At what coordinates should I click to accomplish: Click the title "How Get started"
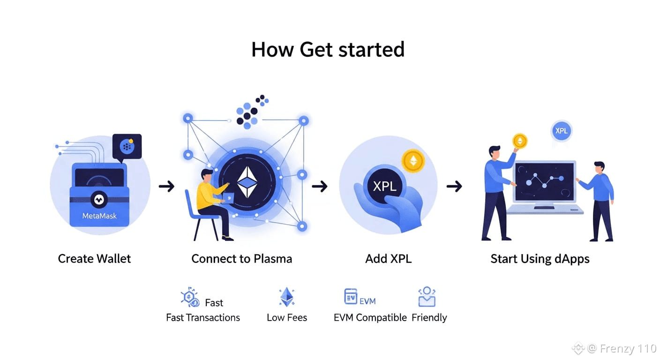[x=328, y=50]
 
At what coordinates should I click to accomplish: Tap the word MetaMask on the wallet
[x=99, y=216]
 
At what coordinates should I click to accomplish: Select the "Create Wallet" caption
[x=94, y=259]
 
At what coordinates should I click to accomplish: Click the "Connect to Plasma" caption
[x=241, y=259]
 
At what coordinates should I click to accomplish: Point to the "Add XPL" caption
[x=388, y=259]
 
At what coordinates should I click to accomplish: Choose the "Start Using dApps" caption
[x=540, y=259]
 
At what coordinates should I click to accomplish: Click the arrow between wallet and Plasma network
[x=166, y=187]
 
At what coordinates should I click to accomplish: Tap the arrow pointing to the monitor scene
[x=454, y=187]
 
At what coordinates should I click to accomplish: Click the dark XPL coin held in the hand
[x=384, y=186]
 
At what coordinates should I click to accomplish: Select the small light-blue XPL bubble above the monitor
[x=561, y=131]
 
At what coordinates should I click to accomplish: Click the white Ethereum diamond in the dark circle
[x=247, y=182]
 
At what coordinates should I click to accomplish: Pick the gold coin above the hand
[x=413, y=161]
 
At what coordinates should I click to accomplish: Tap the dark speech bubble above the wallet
[x=127, y=147]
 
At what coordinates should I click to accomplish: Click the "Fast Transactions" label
[x=203, y=318]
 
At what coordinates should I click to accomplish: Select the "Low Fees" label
[x=287, y=318]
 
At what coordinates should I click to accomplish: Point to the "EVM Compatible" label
[x=370, y=318]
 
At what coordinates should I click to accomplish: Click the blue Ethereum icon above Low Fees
[x=287, y=297]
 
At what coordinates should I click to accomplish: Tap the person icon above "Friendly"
[x=427, y=297]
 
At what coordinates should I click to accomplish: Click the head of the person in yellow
[x=207, y=175]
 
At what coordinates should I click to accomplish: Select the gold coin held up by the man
[x=519, y=141]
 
